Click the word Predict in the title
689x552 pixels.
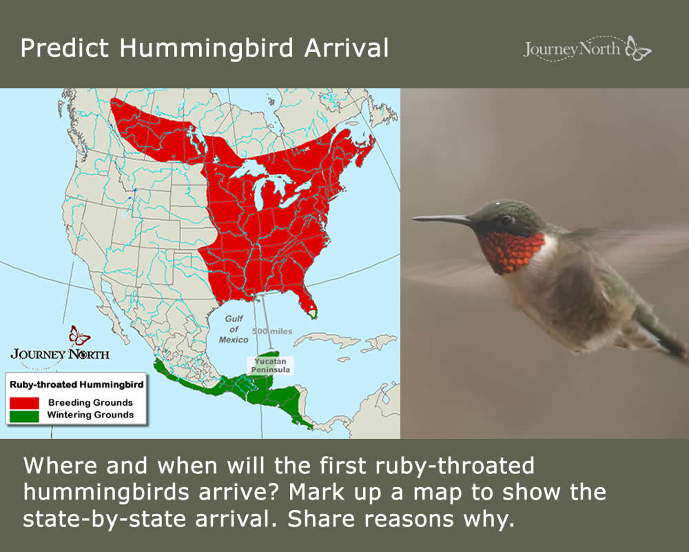64,48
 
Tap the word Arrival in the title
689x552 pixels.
347,48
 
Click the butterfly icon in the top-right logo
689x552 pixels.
638,48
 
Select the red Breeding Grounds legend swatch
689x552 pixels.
24,403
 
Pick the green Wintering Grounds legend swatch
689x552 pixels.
24,416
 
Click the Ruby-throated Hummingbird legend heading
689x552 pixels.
76,385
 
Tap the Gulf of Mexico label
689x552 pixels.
234,329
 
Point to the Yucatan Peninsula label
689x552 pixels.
270,366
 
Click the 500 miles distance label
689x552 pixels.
272,331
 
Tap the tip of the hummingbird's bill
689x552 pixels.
413,217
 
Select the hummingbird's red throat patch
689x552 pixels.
511,251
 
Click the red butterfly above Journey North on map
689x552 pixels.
79,335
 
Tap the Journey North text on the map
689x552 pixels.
60,355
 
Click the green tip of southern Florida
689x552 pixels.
312,314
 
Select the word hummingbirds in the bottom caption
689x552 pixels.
106,493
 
